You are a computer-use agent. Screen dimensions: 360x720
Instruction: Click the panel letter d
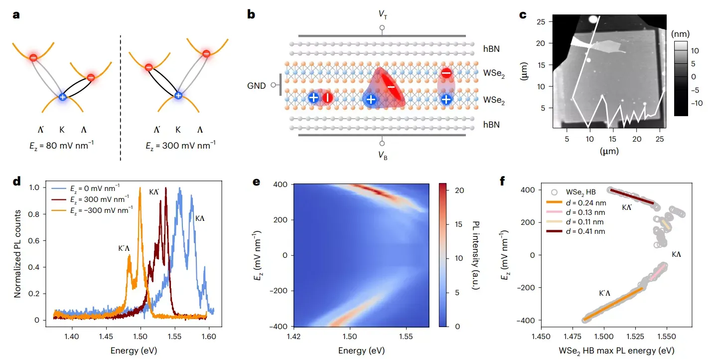click(16, 182)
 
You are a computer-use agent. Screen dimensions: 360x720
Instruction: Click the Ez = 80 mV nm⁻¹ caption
click(62, 146)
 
